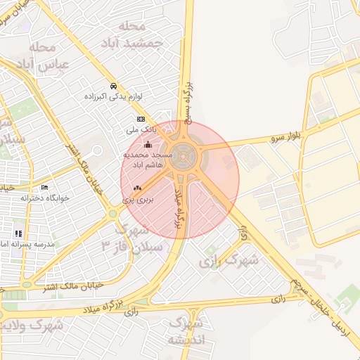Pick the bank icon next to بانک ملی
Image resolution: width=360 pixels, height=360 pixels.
point(141,120)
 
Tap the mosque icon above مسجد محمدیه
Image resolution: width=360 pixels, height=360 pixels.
point(147,145)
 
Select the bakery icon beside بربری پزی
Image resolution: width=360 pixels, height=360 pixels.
point(137,188)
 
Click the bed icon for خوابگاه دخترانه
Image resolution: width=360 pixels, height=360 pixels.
point(44,188)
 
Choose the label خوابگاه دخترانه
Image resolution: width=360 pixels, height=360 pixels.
point(45,198)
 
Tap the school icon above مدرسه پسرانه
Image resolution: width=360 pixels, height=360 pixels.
point(18,233)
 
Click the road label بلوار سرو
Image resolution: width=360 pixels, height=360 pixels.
point(288,136)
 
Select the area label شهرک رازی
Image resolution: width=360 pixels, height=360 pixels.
point(229,261)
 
